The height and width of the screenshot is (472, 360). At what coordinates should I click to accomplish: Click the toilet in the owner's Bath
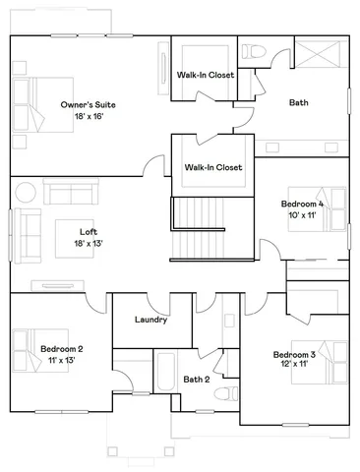point(254,51)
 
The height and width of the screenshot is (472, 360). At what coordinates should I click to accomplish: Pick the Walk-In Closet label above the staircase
point(213,167)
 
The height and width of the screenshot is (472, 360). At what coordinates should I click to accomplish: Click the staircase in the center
point(200,227)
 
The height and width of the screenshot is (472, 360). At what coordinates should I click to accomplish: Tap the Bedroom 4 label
point(302,204)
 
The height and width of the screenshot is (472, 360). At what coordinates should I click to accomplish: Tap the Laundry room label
point(150,320)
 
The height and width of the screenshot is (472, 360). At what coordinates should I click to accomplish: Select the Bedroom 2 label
point(61,348)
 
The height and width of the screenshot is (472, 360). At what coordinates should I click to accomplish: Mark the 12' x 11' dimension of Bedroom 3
point(292,364)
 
